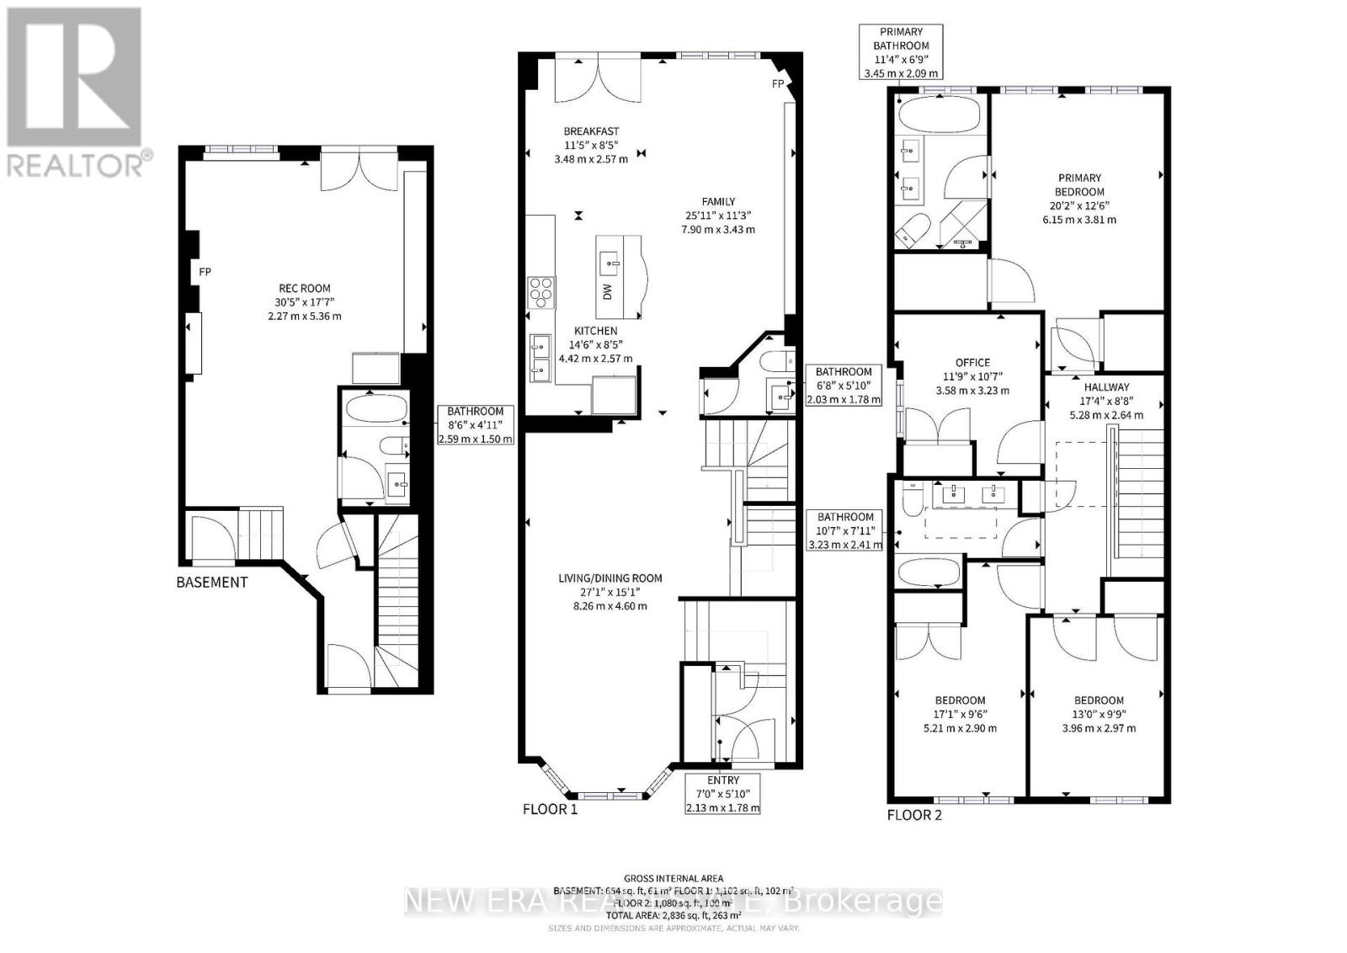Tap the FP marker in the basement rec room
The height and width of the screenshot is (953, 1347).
pos(205,272)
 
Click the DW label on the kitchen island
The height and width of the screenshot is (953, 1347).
pos(608,291)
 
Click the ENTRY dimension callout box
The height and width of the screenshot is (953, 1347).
pos(723,793)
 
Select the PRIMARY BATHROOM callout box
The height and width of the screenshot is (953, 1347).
pos(900,52)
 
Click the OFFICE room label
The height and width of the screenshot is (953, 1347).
pos(972,363)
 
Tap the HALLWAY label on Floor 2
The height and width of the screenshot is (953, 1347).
pos(1105,386)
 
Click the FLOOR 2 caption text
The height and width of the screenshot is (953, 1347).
pos(914,814)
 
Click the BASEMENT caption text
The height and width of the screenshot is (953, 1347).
pos(212,582)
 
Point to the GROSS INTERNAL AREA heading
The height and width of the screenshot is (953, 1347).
pos(673,878)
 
